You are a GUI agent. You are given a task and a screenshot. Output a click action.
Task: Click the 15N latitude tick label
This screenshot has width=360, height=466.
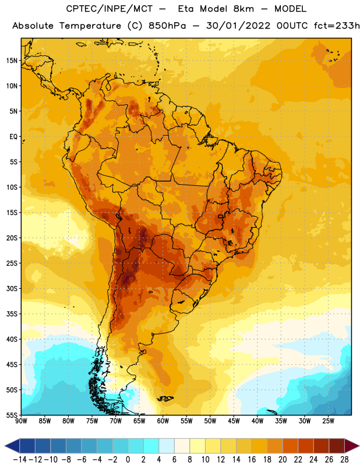point(12,61)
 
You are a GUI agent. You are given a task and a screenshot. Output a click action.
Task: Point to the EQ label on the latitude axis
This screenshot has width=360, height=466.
point(13,137)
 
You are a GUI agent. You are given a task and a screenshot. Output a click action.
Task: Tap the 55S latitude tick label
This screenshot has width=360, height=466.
point(12,415)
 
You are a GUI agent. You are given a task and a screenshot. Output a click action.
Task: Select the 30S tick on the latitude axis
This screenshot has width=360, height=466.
point(12,288)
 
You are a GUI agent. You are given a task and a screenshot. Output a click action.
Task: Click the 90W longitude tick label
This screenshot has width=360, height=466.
point(21,421)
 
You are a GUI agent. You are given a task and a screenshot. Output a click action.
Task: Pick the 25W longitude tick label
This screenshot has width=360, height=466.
point(328,421)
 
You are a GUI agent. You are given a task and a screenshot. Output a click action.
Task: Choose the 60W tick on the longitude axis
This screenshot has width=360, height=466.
point(163,421)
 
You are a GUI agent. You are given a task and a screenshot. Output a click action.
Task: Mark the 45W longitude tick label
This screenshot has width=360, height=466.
point(234,421)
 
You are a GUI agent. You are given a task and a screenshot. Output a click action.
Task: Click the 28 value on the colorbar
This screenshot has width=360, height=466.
point(344,460)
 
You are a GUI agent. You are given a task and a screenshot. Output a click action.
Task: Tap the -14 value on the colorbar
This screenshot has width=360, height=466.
point(20,460)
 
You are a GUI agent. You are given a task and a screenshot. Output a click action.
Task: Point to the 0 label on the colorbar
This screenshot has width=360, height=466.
point(128,460)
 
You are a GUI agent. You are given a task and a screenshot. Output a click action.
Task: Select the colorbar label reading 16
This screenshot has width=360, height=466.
point(252,460)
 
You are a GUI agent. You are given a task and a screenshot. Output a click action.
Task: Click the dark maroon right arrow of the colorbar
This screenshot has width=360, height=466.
point(351,446)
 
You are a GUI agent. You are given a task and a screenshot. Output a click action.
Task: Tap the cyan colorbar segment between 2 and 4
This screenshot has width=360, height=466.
point(151,446)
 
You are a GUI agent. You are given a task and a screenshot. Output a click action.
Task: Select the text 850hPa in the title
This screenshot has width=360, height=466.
point(167,26)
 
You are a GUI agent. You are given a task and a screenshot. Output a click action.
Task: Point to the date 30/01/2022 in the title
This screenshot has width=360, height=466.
point(238,26)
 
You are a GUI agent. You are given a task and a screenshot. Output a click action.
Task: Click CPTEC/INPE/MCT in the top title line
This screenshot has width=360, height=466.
point(110,9)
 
